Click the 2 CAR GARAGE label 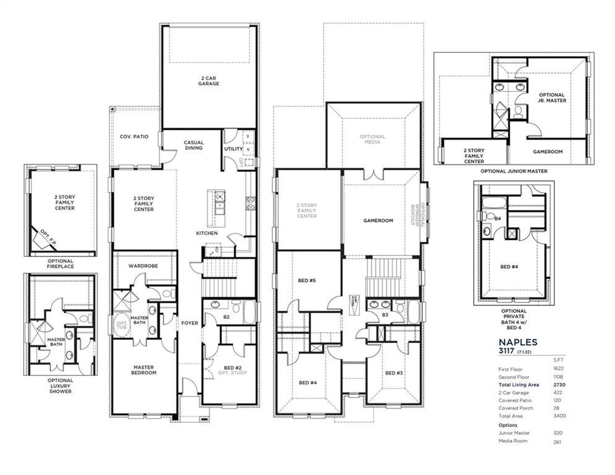click(x=209, y=80)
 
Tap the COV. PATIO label click(x=134, y=137)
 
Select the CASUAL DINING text click(x=194, y=145)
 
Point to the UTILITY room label click(x=234, y=149)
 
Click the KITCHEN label click(x=207, y=233)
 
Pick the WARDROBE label click(x=143, y=266)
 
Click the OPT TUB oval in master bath click(x=120, y=325)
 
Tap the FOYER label click(x=189, y=323)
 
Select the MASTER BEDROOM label click(x=144, y=370)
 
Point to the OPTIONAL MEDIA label click(x=372, y=139)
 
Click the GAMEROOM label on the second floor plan click(x=378, y=221)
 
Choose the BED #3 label click(x=394, y=373)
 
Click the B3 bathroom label click(x=385, y=315)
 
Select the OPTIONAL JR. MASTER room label click(x=552, y=98)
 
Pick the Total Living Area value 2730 click(x=558, y=385)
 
